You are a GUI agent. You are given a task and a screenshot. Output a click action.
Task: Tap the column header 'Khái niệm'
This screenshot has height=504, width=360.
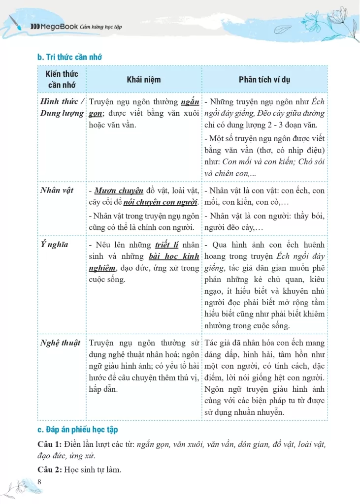click(143, 80)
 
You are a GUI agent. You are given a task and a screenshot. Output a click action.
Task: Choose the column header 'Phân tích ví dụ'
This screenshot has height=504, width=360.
click(264, 80)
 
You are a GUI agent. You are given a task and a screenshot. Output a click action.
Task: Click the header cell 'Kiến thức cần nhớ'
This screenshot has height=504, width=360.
click(62, 79)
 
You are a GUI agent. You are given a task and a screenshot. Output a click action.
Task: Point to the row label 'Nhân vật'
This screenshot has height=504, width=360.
click(57, 190)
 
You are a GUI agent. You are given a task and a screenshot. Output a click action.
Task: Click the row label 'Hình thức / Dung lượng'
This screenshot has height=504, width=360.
click(62, 108)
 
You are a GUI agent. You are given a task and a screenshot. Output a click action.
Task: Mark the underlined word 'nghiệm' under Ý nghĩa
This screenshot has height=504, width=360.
click(102, 268)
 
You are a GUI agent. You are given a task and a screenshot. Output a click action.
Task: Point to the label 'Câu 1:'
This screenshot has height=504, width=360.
click(49, 444)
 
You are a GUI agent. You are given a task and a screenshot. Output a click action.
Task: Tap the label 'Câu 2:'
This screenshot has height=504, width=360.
click(49, 470)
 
